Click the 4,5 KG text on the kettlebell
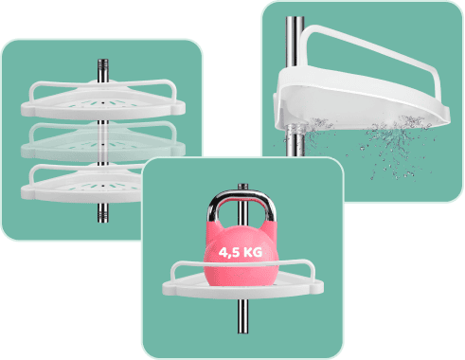[241, 252]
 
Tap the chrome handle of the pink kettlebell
[241, 198]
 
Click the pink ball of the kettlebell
[241, 256]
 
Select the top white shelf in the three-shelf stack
[103, 101]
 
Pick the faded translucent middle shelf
[103, 143]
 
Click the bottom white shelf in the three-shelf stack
[82, 185]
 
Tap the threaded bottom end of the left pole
[103, 212]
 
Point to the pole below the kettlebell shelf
[243, 315]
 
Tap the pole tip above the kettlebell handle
[242, 187]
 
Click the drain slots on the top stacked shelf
[102, 103]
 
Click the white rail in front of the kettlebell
[243, 264]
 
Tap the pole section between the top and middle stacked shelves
[102, 123]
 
